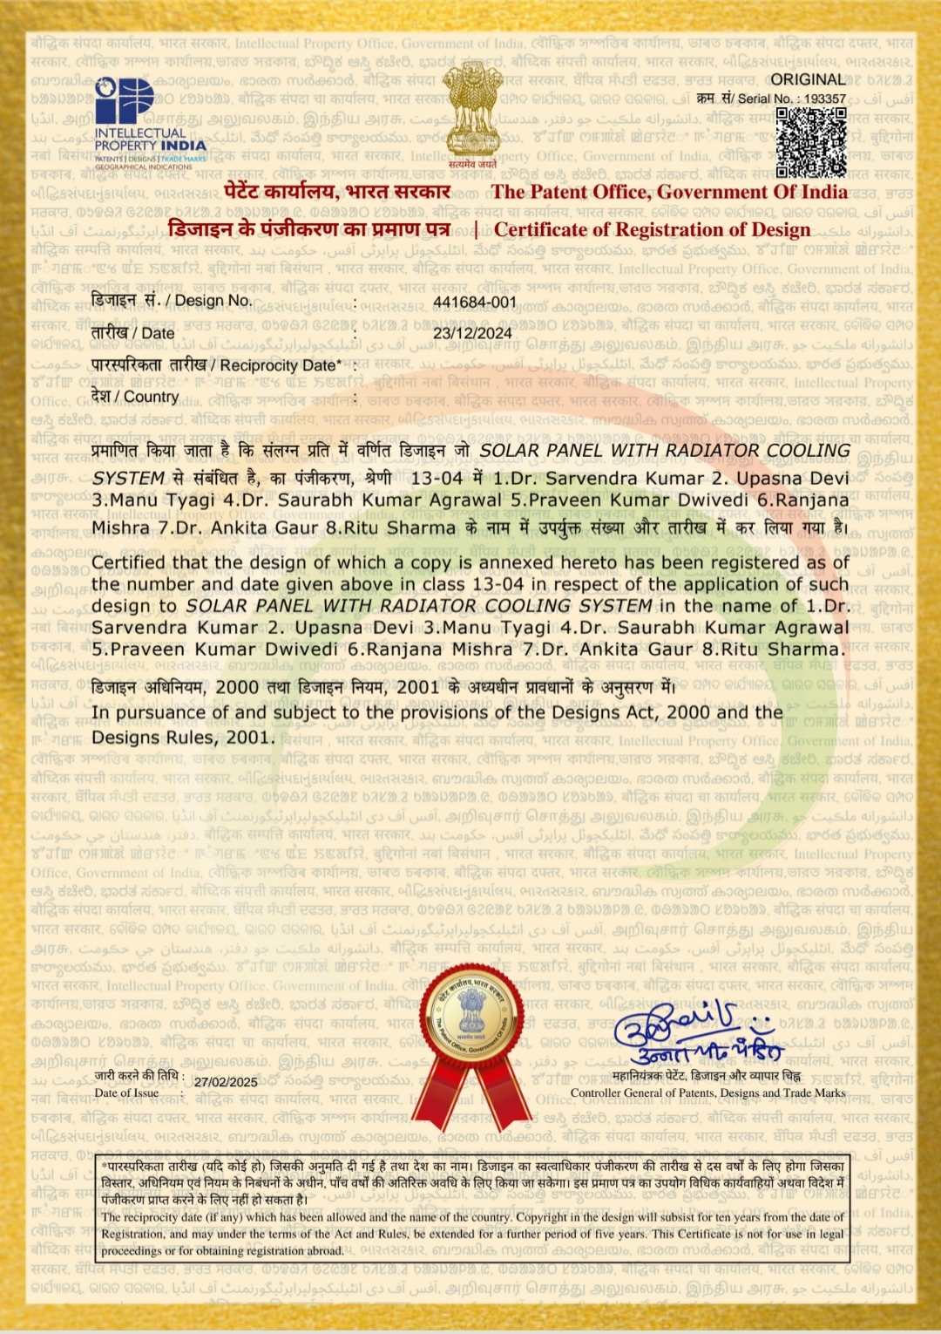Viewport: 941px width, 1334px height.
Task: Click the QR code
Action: point(810,143)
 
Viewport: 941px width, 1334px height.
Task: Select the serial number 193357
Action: point(825,99)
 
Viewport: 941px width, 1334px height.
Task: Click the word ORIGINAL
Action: point(808,79)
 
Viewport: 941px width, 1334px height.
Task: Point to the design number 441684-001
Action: point(475,303)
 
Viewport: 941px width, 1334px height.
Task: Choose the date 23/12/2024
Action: point(472,333)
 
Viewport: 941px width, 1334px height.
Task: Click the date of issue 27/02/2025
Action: point(226,1082)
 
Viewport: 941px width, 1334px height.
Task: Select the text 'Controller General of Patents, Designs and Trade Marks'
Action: point(707,1092)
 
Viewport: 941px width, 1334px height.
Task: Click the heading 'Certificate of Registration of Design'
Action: point(652,230)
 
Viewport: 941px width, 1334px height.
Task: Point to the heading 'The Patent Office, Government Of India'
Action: point(669,193)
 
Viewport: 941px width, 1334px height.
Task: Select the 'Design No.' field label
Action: point(213,301)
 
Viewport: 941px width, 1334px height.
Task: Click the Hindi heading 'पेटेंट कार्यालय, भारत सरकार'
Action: point(337,192)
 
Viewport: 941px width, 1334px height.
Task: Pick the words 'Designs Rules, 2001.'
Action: point(183,738)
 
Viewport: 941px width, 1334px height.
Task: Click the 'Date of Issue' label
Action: point(126,1092)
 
